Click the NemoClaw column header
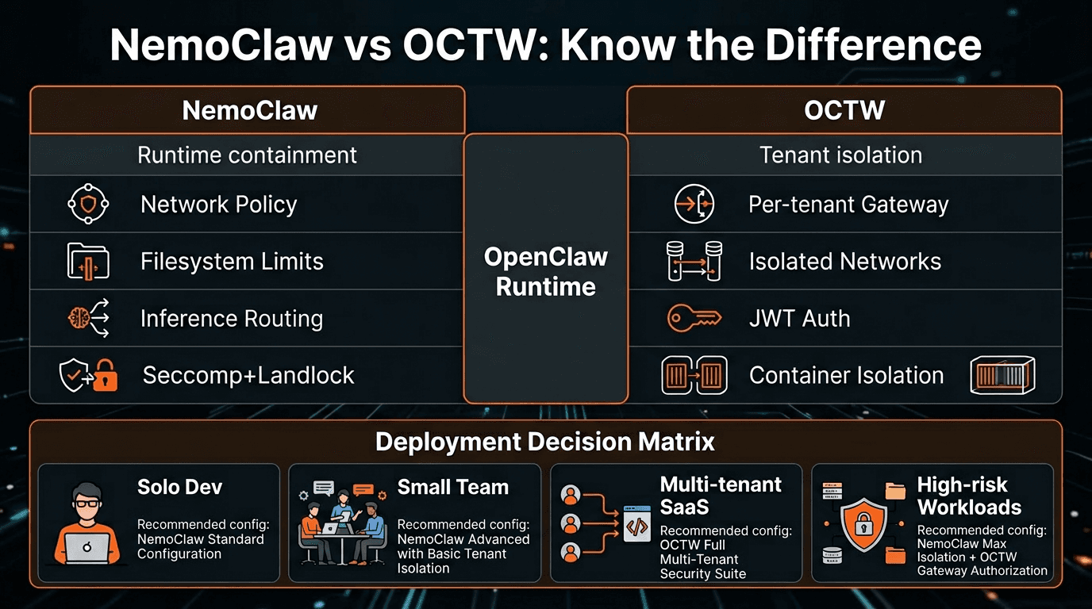[249, 110]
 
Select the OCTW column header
[844, 110]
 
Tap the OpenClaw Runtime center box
[546, 271]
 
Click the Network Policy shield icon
[87, 205]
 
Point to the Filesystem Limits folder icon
[87, 262]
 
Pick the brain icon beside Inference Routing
[80, 319]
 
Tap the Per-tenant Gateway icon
[694, 205]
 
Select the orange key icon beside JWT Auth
[694, 319]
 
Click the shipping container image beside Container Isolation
[1003, 376]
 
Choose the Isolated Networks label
[844, 262]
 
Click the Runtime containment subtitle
[247, 155]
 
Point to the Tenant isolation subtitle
[840, 155]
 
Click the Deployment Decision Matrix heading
[545, 442]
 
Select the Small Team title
[452, 487]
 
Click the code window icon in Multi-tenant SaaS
[636, 523]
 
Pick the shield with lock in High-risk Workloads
[863, 523]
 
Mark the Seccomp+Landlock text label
[248, 376]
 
